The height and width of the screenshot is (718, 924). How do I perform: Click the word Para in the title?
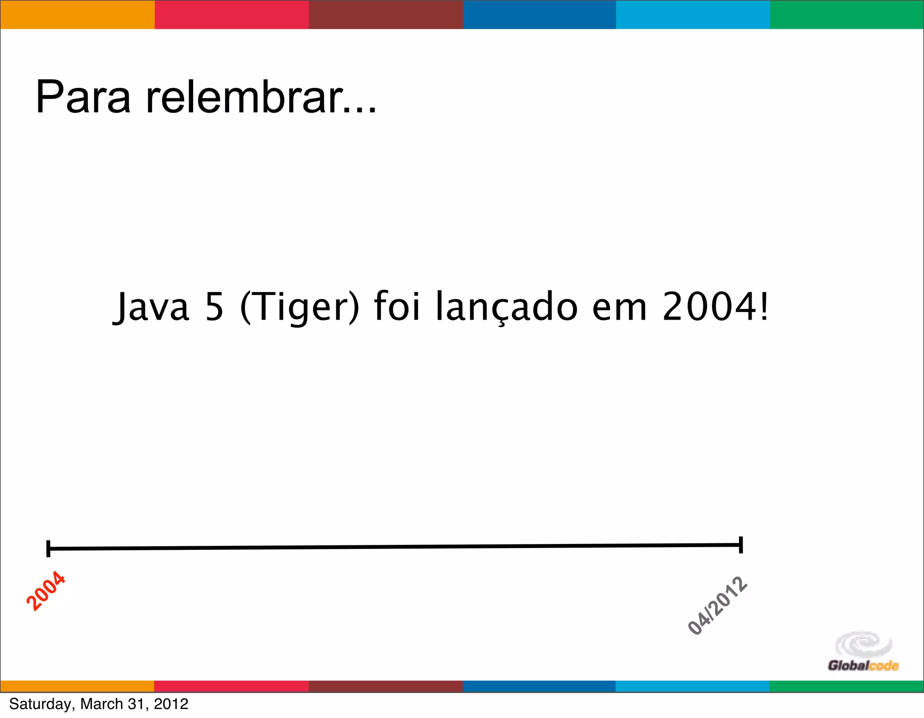pos(83,97)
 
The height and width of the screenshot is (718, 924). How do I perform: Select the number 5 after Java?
pos(214,307)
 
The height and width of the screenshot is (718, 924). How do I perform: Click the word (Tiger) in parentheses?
pos(300,307)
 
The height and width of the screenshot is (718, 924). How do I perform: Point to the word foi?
pos(397,307)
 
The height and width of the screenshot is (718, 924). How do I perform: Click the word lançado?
pos(506,307)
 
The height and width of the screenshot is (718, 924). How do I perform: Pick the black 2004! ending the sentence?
pos(715,307)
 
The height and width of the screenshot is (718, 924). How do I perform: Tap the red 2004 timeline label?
pos(46,591)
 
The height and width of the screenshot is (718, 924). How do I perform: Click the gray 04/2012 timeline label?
pos(717,605)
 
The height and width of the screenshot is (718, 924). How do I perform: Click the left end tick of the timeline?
pos(48,549)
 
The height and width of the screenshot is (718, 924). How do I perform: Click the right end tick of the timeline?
pos(741,545)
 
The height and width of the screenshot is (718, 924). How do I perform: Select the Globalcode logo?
pos(863,651)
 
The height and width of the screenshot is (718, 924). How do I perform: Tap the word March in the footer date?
pos(102,704)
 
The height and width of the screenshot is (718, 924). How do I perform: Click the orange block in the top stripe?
pos(77,14)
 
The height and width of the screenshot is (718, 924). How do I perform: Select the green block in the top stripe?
pos(847,14)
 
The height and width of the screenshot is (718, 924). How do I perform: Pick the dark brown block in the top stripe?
pos(386,14)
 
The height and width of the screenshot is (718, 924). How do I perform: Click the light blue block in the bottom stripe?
pos(693,686)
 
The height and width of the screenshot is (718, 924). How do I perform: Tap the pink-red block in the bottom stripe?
pos(231,686)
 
